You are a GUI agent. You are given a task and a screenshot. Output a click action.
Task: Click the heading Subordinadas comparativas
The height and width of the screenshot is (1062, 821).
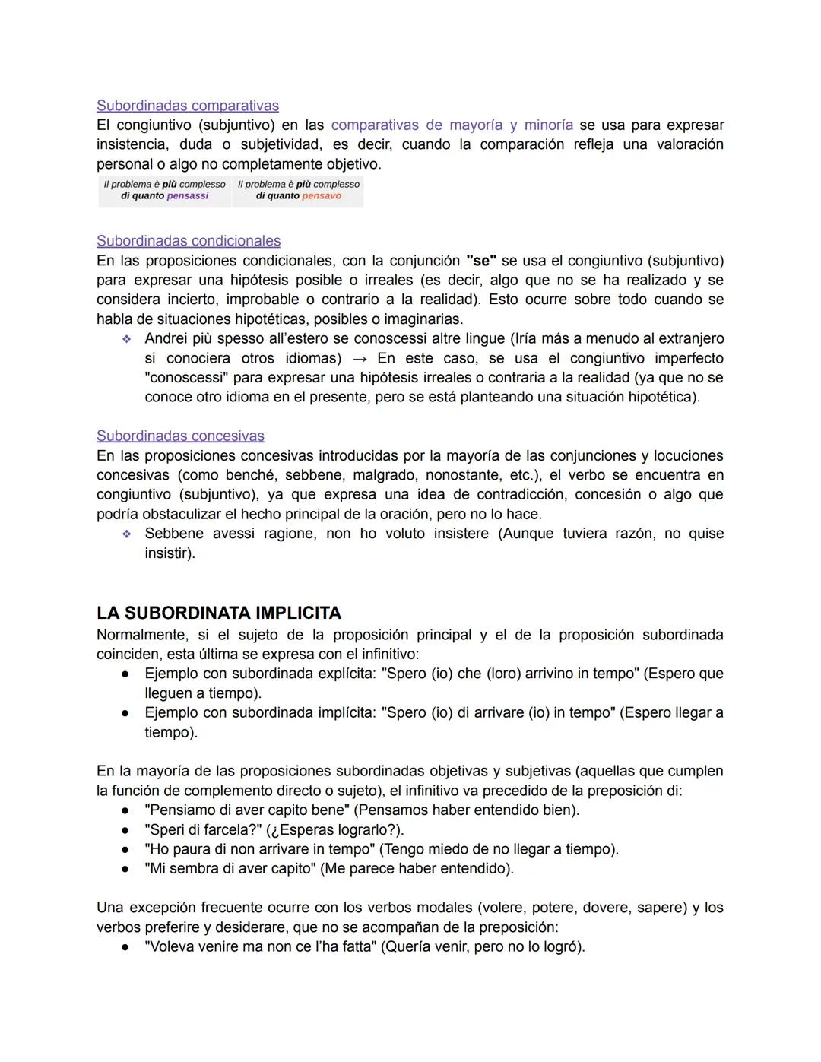(187, 106)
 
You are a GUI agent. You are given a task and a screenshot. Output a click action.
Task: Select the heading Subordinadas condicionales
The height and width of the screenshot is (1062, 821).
(188, 241)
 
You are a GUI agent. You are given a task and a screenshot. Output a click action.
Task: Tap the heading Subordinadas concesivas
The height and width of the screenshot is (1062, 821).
(180, 436)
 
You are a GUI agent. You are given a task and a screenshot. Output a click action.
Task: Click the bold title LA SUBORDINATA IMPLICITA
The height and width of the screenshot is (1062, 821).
(219, 613)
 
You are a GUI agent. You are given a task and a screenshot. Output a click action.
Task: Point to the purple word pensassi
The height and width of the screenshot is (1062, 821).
(187, 196)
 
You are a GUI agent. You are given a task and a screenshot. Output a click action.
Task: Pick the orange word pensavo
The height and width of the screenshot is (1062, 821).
(322, 196)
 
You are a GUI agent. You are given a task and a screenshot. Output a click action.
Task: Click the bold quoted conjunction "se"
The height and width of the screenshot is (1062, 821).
(480, 261)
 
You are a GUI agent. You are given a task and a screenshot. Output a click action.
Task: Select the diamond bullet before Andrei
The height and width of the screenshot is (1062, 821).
(126, 339)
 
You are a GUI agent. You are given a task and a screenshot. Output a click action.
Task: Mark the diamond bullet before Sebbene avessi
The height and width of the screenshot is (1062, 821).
(126, 534)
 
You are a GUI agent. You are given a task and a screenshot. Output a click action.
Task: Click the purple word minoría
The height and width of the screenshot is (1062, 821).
(548, 125)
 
